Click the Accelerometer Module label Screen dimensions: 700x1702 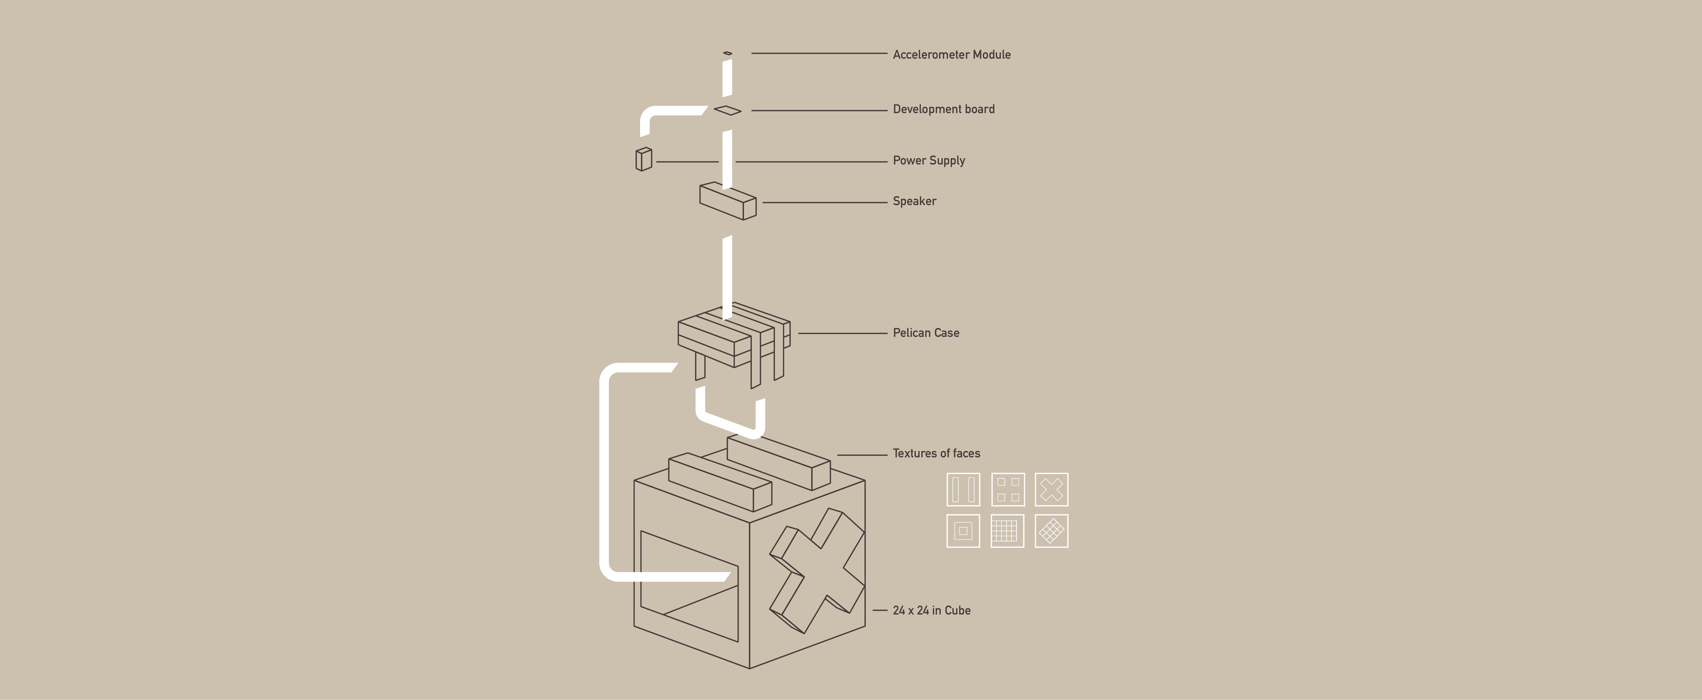point(952,55)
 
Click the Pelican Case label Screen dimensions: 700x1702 point(926,333)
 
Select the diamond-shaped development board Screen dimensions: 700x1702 point(727,110)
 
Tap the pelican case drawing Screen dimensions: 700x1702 point(733,337)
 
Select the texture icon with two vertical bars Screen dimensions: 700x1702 point(963,489)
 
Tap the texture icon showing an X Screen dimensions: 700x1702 point(1051,489)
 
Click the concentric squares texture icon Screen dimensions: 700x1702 point(963,531)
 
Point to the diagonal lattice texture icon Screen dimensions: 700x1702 point(1051,531)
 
